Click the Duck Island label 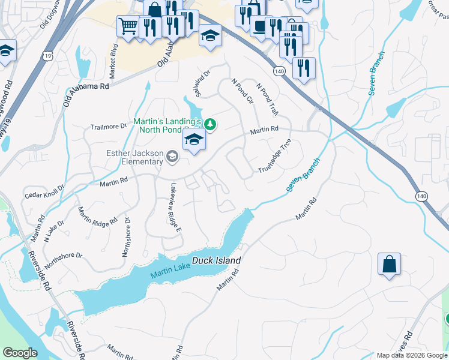tap(217, 260)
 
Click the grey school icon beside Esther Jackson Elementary tap(172, 157)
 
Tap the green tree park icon tap(209, 125)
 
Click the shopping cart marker tap(128, 26)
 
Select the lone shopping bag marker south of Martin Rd tap(389, 264)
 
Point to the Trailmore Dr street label tap(109, 127)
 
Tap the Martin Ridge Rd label tap(97, 216)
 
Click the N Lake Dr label tap(53, 230)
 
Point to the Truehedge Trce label tap(275, 156)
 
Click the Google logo tap(20, 353)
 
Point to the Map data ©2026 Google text tap(412, 355)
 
